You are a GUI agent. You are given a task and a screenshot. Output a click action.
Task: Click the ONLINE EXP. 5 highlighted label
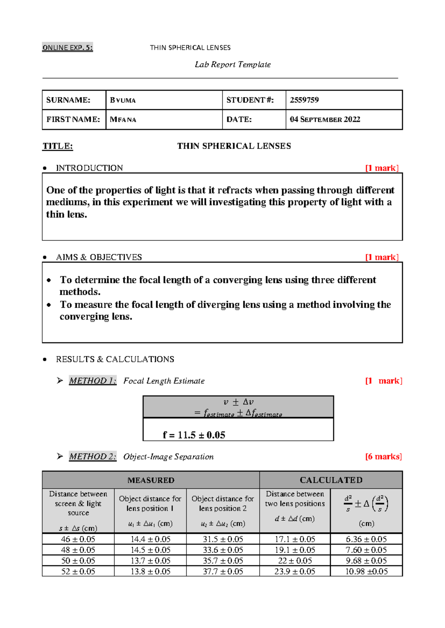(67, 48)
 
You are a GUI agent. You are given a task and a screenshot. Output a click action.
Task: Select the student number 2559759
(304, 100)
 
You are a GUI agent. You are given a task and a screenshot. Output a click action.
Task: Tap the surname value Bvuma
(123, 100)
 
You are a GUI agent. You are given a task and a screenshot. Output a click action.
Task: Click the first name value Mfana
(123, 120)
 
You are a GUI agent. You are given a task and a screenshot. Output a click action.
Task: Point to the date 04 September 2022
(325, 120)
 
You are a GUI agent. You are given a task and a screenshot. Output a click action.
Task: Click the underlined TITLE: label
(58, 146)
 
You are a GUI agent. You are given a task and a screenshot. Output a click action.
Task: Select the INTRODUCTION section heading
(89, 168)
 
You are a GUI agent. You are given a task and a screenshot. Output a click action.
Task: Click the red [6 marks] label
(383, 457)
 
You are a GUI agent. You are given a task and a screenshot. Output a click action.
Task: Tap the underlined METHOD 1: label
(93, 381)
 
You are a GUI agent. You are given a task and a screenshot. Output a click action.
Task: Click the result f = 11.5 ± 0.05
(194, 435)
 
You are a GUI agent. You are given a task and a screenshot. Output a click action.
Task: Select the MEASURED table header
(151, 480)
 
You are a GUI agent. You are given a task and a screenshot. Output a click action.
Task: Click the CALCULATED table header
(331, 480)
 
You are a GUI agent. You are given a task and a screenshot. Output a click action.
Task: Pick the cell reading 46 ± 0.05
(78, 539)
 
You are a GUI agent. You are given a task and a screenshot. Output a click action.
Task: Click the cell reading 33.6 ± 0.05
(223, 550)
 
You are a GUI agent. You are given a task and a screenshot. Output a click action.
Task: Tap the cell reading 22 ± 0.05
(295, 561)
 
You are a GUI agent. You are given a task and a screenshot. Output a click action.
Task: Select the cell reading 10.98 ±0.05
(366, 571)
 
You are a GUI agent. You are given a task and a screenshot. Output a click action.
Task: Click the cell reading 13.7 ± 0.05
(150, 561)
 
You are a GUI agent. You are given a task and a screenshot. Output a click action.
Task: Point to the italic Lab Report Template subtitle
(233, 65)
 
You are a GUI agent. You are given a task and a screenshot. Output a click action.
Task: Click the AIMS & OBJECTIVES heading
(99, 257)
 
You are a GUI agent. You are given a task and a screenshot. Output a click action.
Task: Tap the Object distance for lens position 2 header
(222, 504)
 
